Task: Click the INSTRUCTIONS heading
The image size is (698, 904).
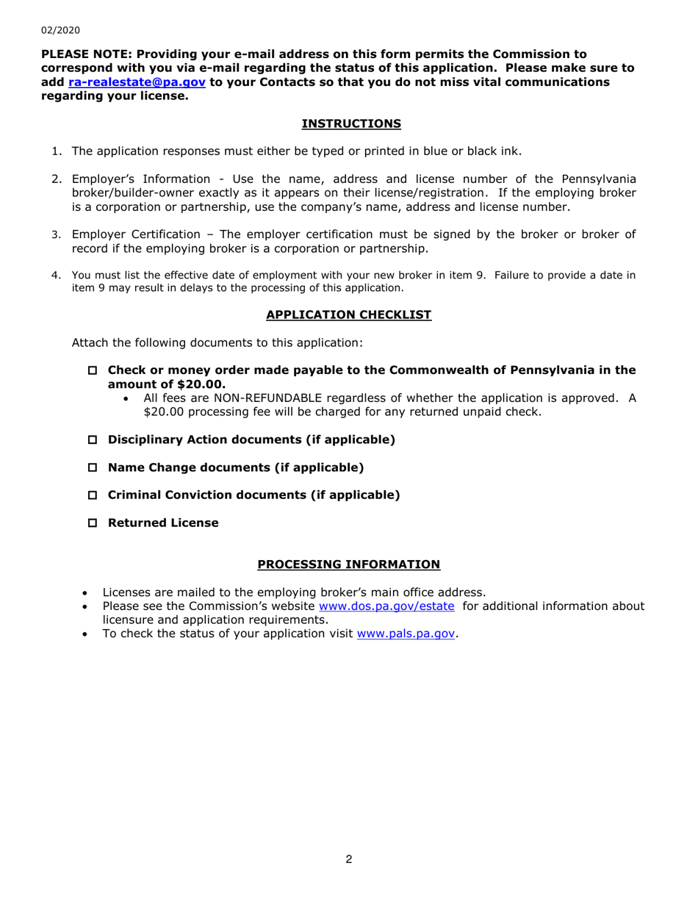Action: (x=351, y=123)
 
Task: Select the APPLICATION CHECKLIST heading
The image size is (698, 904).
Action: (x=348, y=315)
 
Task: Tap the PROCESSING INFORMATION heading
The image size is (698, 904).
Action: (x=348, y=564)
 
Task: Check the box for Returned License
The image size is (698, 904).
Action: (x=93, y=523)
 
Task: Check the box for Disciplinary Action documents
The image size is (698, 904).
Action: (x=93, y=440)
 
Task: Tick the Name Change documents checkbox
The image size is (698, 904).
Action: (x=93, y=467)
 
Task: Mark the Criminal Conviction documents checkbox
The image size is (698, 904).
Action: (x=93, y=495)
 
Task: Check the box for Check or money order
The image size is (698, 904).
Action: (x=93, y=370)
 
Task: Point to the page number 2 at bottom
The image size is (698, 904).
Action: (x=349, y=859)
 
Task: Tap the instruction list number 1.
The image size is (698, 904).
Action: (x=56, y=152)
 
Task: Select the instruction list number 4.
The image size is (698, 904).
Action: (x=55, y=276)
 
